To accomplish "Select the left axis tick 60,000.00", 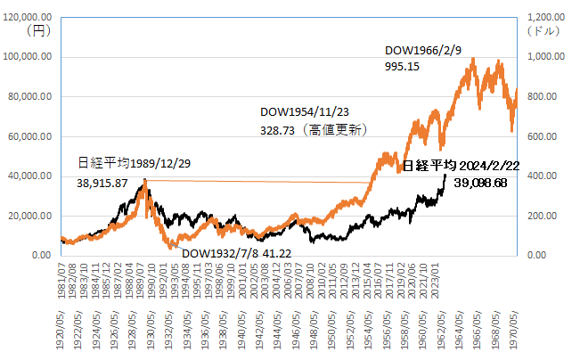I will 31,136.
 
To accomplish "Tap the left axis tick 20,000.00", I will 31,216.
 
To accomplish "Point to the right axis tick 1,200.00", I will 550,18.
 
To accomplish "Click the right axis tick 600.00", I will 545,136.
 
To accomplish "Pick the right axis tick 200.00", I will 545,216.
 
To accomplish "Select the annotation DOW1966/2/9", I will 422,50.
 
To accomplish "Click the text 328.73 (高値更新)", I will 314,129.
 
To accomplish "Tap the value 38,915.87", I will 103,182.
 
